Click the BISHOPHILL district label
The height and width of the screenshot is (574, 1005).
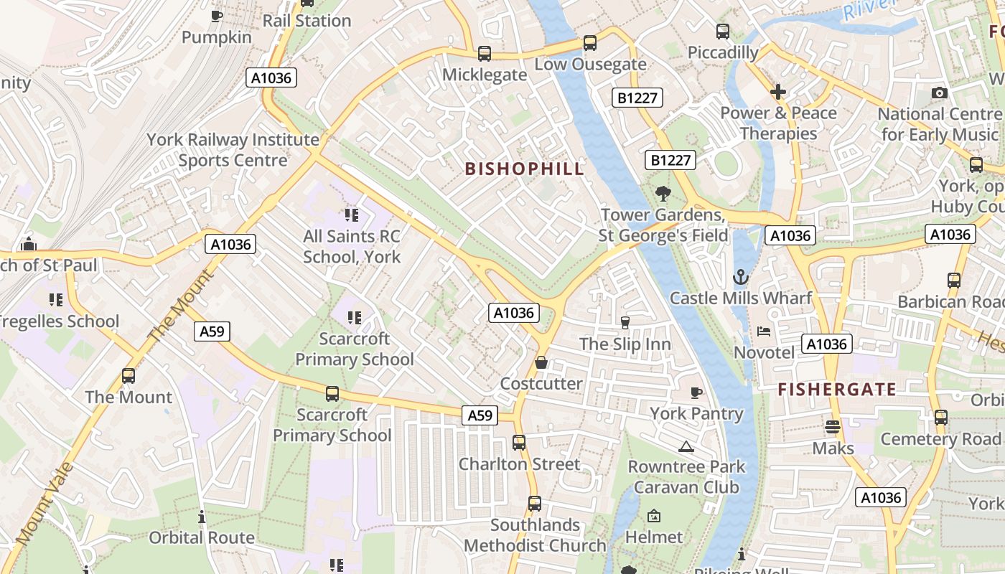(x=524, y=169)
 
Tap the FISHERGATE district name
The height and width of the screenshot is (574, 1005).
(x=837, y=390)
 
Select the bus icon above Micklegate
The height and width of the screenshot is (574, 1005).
(x=485, y=54)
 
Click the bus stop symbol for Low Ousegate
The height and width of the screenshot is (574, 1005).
(x=589, y=43)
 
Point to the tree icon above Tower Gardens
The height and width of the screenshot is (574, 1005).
(x=663, y=193)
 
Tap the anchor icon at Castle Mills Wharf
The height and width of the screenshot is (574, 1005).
(x=740, y=277)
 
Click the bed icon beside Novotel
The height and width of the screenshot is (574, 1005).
(x=764, y=331)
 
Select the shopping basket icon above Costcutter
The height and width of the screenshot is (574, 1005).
(x=541, y=362)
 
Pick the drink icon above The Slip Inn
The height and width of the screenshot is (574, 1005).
(x=625, y=323)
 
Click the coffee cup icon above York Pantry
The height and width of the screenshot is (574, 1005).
(x=696, y=392)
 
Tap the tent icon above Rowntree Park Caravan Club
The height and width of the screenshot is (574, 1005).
(x=686, y=446)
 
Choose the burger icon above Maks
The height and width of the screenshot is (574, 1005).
(x=833, y=427)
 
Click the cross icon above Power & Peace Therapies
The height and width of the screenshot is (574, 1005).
(x=778, y=92)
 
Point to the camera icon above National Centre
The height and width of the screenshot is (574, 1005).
(x=939, y=93)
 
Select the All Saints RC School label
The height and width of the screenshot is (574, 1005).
(x=352, y=246)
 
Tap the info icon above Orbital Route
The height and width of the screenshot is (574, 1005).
(x=202, y=517)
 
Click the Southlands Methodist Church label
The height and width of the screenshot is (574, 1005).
(x=535, y=535)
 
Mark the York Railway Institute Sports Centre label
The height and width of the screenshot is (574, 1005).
(x=233, y=149)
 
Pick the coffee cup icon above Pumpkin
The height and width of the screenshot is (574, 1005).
(x=216, y=16)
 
